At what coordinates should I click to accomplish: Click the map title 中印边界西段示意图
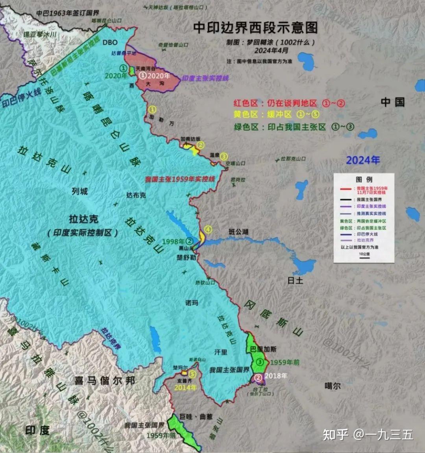coord(255,28)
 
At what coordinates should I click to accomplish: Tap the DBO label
coord(110,42)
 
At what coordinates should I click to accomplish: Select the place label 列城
coord(79,192)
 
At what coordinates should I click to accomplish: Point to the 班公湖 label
coord(238,232)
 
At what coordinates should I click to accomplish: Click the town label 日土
coord(295,280)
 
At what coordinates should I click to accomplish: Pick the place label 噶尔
coord(333,386)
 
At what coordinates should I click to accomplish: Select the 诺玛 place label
coord(192,303)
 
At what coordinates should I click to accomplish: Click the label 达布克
coord(136,195)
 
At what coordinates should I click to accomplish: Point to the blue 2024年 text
coord(363,160)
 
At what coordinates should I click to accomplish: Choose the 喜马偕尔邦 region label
coord(105,381)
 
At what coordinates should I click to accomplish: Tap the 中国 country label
coord(393,102)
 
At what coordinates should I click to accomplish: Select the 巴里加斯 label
coord(263,349)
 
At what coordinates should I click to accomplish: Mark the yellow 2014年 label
coord(185,387)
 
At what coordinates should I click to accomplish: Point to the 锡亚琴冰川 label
coord(40,35)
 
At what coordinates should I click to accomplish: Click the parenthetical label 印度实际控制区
coord(83,233)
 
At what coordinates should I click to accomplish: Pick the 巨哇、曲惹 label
coord(196,416)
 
